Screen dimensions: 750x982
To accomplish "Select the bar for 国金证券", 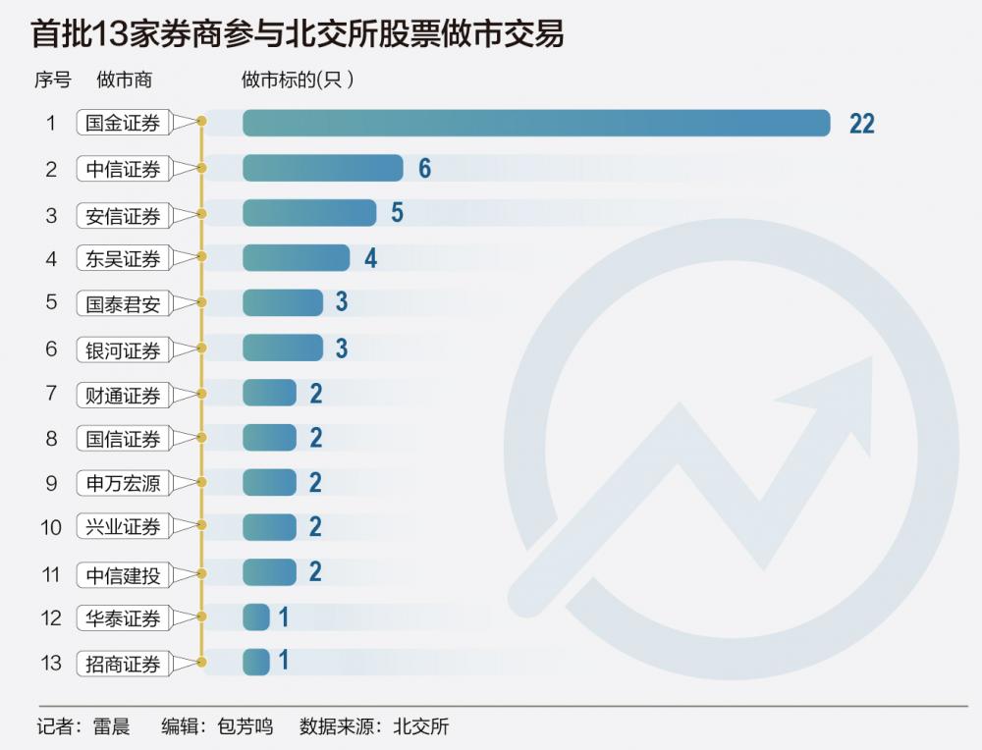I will pos(536,123).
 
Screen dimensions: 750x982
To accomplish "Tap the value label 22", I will pos(861,124).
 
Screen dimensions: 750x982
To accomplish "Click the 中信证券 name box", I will pos(123,169).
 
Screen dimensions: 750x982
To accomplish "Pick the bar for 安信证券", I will pos(308,213).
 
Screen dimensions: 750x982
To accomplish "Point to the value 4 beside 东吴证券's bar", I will pos(370,258).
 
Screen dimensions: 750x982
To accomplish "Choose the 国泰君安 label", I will pos(123,303).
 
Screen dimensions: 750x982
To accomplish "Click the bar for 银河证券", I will pos(282,348).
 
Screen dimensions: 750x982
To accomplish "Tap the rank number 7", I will pos(52,394).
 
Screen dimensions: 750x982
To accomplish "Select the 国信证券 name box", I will pos(123,438).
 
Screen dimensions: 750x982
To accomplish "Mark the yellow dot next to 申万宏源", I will pos(201,483).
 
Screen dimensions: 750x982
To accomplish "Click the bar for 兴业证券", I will pos(268,527).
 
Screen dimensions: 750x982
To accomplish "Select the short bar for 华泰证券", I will pos(255,617).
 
